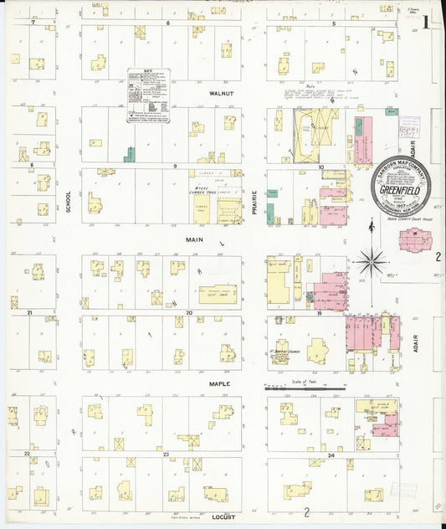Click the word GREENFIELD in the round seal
(x=402, y=189)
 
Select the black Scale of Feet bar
(x=305, y=388)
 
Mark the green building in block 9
(x=129, y=155)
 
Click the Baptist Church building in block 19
(x=280, y=352)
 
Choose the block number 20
(x=189, y=312)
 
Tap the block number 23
(x=166, y=455)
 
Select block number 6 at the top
(x=168, y=23)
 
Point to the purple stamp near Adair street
(x=409, y=126)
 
